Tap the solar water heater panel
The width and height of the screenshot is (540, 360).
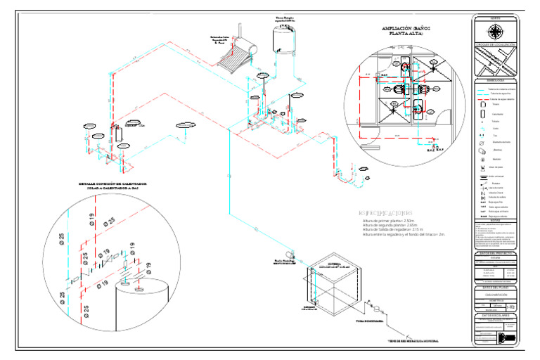[x=236, y=58]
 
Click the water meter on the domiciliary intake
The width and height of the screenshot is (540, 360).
[x=378, y=308]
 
